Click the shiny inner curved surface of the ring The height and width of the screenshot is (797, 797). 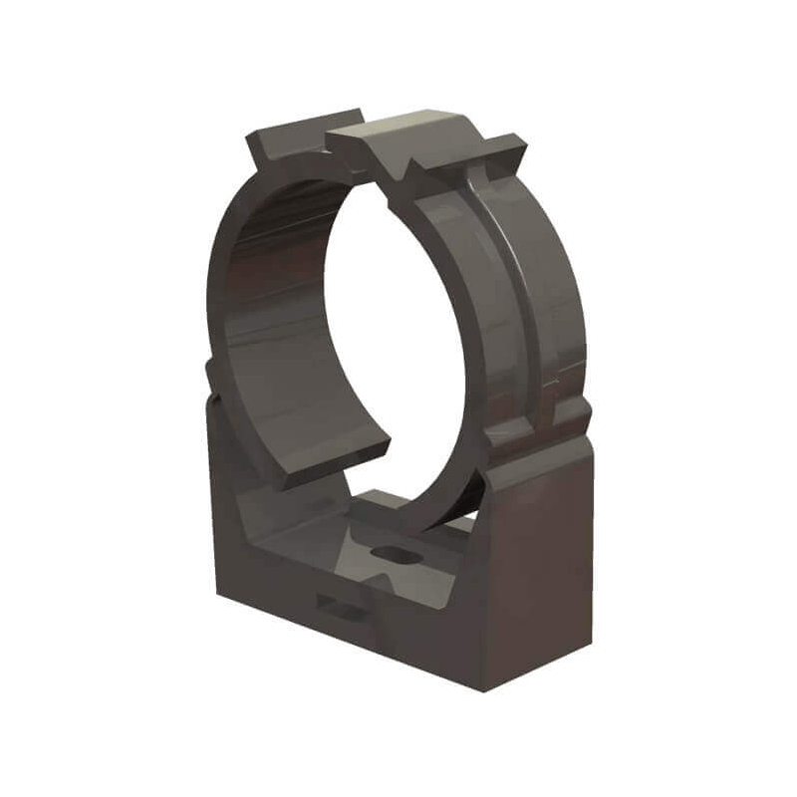coord(264,299)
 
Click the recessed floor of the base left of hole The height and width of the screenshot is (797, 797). coord(309,543)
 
